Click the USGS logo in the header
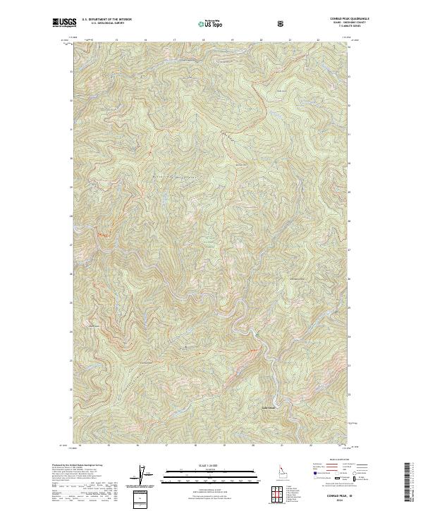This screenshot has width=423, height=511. coord(64,23)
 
